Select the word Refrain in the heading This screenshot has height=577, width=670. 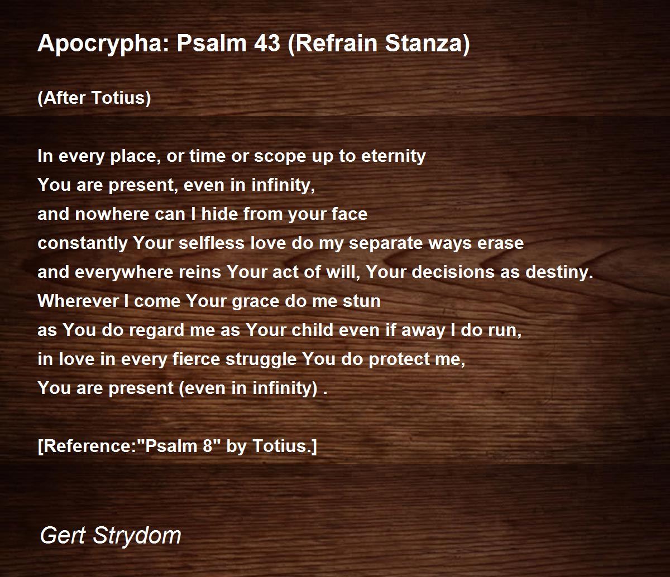point(333,44)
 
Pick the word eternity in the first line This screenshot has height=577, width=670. point(393,157)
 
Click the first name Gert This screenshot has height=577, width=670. point(63,536)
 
